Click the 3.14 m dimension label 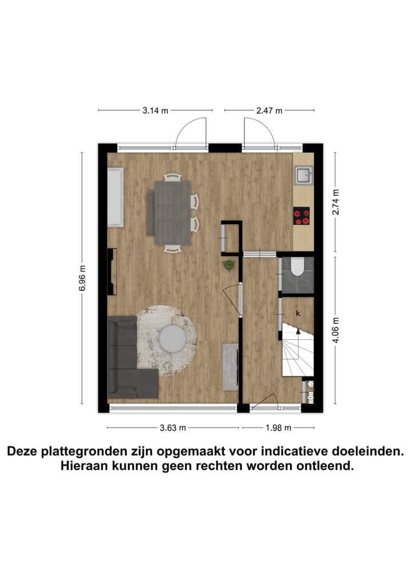tap(155, 111)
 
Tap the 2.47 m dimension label tap(269, 111)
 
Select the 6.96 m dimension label tap(83, 278)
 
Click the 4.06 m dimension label tap(336, 330)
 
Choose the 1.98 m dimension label tap(278, 427)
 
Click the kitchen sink tap(303, 176)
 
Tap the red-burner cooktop tap(301, 216)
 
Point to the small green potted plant tap(229, 265)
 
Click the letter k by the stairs tap(298, 313)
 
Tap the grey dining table tap(172, 208)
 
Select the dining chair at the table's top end tap(172, 177)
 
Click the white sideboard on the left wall tap(115, 197)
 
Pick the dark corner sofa tap(128, 359)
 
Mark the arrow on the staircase tap(297, 332)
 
